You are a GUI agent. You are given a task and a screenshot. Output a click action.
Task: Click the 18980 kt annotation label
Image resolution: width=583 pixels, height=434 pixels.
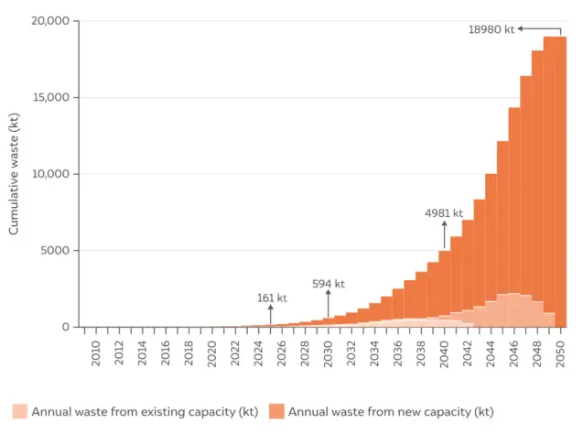pos(491,29)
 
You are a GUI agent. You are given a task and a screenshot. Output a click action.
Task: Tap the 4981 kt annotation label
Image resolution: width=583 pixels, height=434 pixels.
pos(444,213)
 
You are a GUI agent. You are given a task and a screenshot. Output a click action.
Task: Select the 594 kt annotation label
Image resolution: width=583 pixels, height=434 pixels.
pos(328,284)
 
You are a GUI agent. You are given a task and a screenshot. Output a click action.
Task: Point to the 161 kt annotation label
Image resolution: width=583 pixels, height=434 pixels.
pos(271,298)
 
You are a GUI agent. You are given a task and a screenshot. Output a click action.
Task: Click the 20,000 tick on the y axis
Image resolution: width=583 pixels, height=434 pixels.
pos(49,21)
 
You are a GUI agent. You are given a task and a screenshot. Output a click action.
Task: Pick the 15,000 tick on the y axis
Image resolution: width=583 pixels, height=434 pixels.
pos(49,98)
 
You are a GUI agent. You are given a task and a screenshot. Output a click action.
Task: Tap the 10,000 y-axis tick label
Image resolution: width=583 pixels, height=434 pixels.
pos(49,174)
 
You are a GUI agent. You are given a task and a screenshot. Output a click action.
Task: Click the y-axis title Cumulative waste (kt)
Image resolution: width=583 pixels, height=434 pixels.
pos(14,174)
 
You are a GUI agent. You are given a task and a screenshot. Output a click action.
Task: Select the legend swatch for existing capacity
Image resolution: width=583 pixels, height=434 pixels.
pos(19,411)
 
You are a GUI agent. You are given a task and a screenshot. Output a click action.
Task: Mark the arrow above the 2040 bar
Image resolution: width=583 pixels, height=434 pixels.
pos(445,234)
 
